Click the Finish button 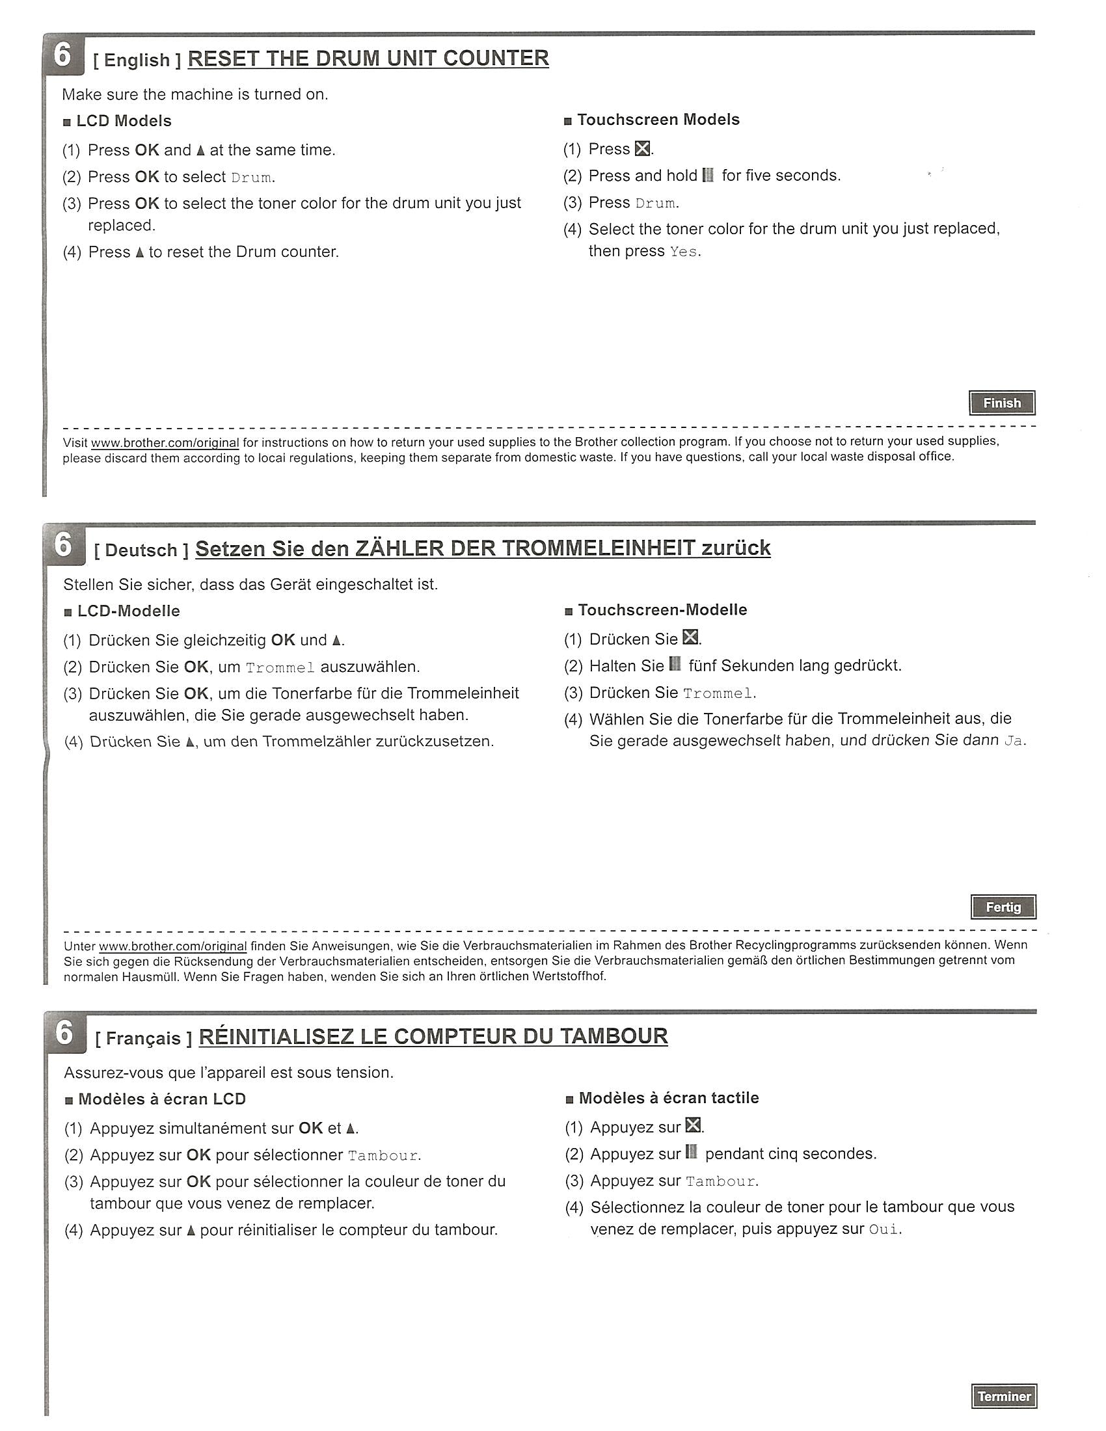[x=1001, y=403]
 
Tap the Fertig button [x=1003, y=907]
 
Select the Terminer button [x=1004, y=1397]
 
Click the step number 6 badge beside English [x=62, y=55]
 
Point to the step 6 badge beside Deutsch [x=63, y=544]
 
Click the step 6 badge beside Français [x=64, y=1034]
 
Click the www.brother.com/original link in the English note [x=165, y=443]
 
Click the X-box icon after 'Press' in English [x=643, y=150]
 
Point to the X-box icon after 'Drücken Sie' [x=690, y=637]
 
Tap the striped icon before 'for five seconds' [x=708, y=175]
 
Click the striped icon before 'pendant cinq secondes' [x=690, y=1153]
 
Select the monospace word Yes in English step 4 [x=683, y=252]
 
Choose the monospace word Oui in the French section [x=883, y=1230]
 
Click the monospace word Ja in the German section [x=1012, y=742]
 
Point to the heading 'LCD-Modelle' [x=128, y=611]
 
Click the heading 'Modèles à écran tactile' [x=668, y=1098]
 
